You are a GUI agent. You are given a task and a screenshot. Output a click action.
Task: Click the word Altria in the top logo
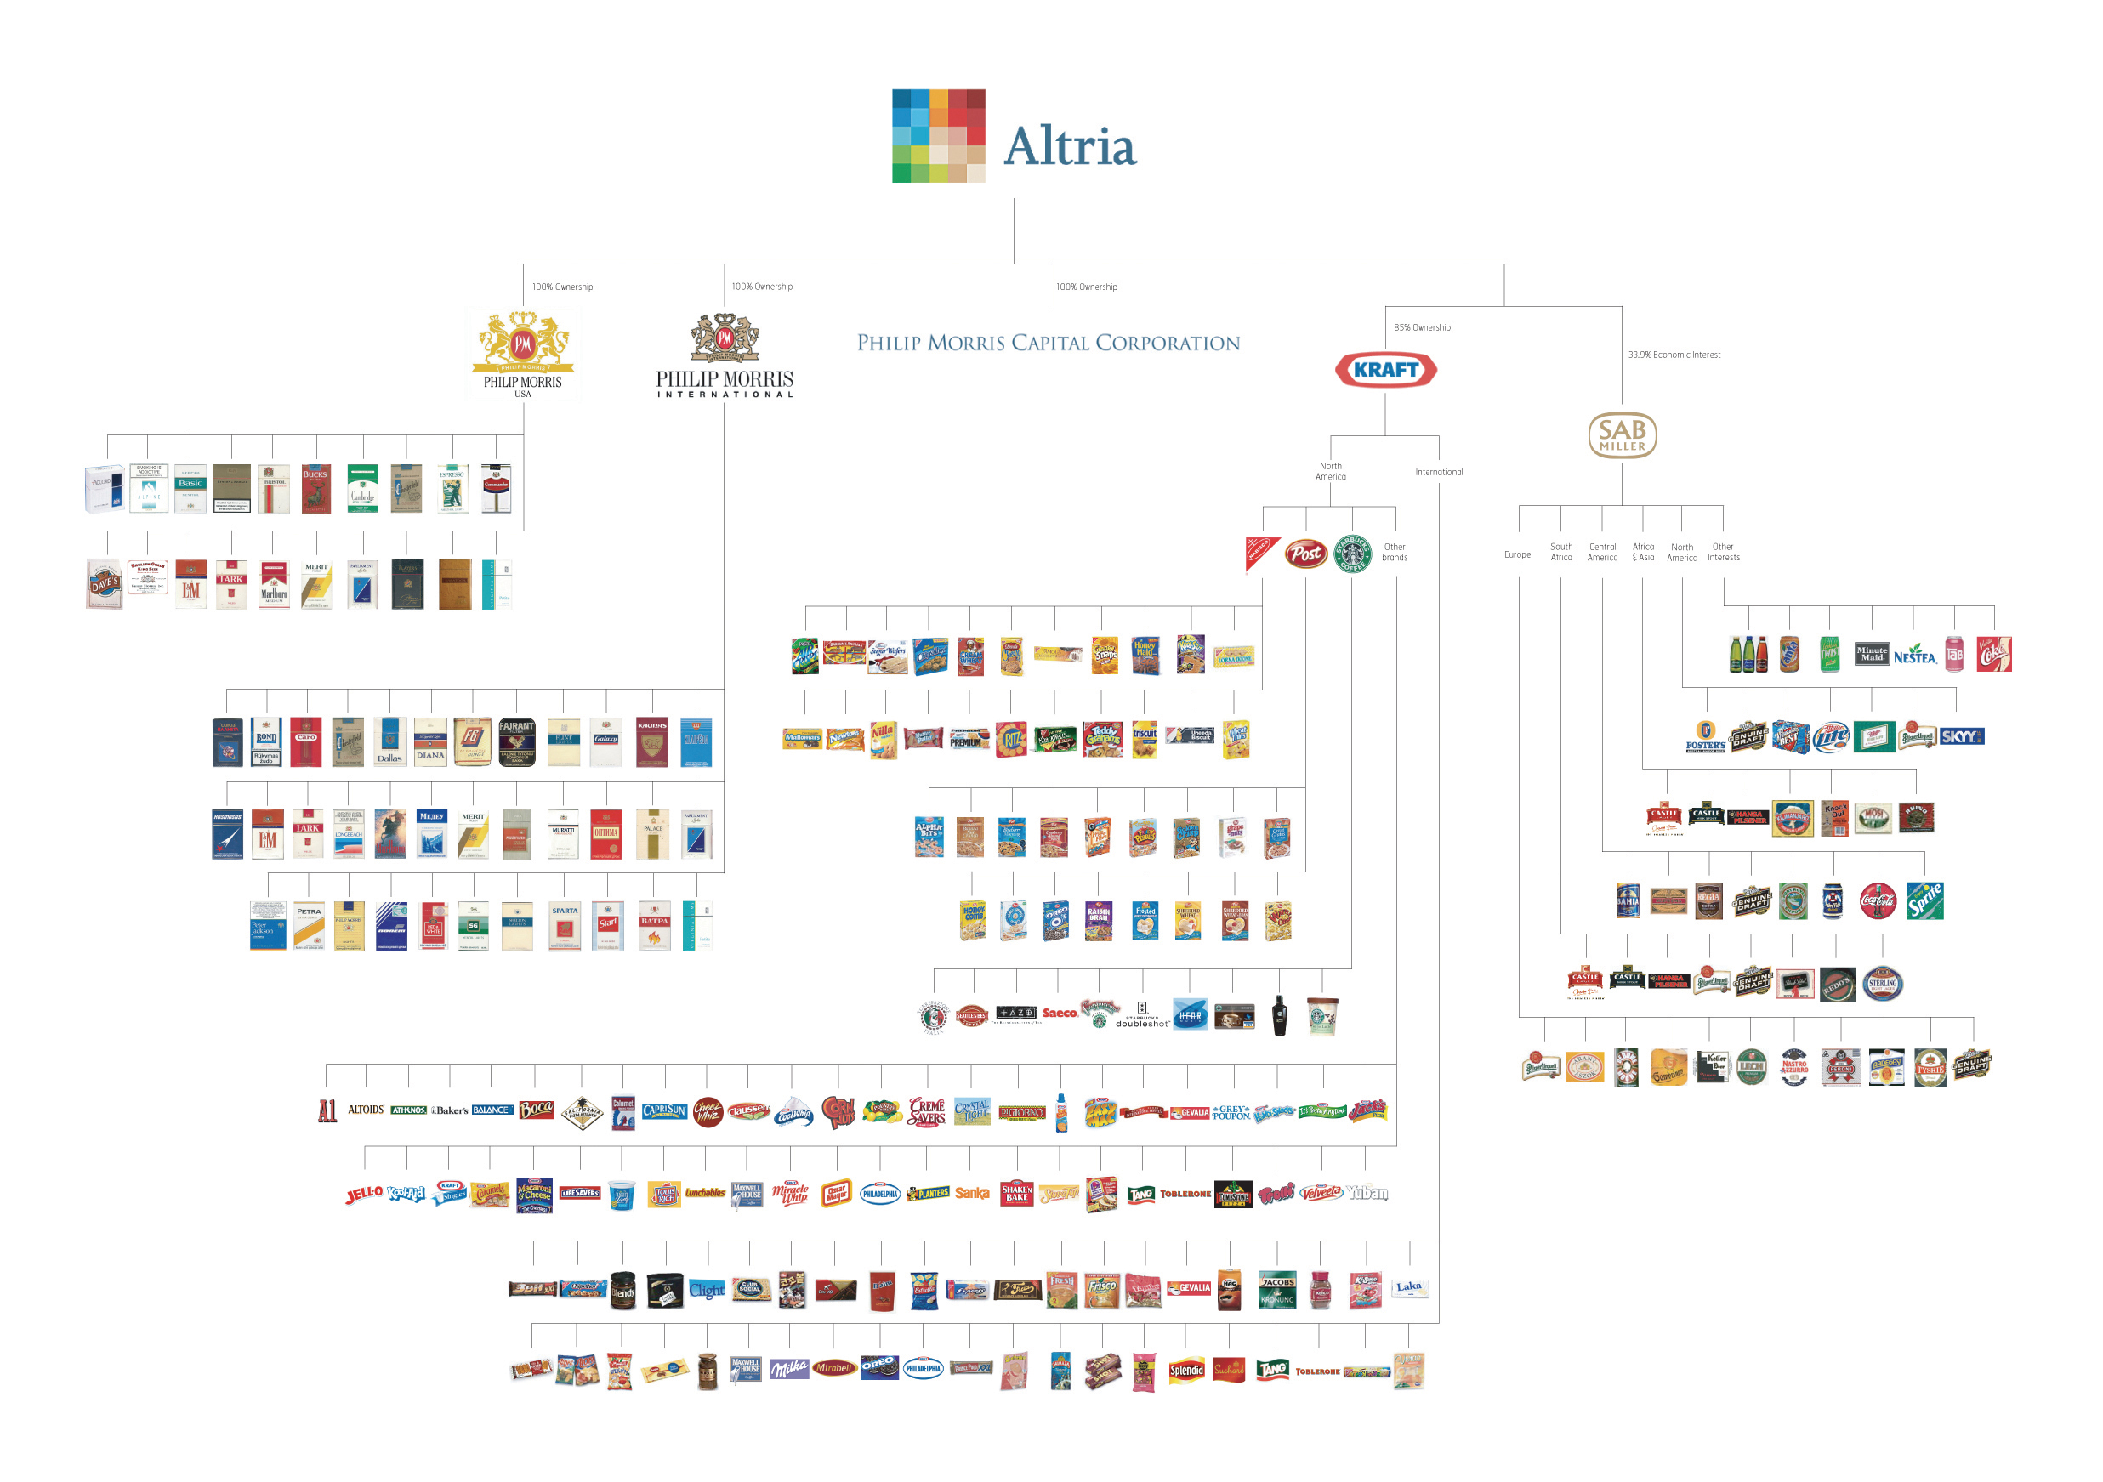tap(1070, 146)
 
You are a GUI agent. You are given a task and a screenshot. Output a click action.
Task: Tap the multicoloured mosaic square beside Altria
tap(939, 135)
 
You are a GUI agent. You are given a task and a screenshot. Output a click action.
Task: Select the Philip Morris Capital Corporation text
tap(1048, 344)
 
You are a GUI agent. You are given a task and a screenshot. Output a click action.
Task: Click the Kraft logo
tap(1385, 370)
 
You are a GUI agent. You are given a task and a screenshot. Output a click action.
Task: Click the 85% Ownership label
tap(1422, 328)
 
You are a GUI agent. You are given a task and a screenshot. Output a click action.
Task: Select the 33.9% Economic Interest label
tap(1674, 355)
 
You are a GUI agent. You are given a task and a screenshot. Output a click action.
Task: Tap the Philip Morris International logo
tap(725, 357)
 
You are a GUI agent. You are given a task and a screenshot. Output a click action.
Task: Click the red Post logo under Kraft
tap(1305, 554)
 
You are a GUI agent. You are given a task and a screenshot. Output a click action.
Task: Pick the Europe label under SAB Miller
tap(1517, 555)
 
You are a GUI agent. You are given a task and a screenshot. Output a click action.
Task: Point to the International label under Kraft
tap(1438, 473)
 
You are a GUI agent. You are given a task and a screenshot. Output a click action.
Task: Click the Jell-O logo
tap(364, 1194)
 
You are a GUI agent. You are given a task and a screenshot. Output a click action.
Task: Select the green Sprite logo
tap(1924, 901)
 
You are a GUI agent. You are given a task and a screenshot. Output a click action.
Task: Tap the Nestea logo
tap(1913, 656)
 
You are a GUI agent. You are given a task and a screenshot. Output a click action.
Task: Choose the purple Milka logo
tap(788, 1369)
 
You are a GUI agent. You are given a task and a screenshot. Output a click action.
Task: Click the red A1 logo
tap(327, 1111)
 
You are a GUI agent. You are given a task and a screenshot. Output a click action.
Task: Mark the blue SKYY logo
tap(1961, 737)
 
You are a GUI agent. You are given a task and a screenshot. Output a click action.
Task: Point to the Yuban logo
tap(1367, 1193)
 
